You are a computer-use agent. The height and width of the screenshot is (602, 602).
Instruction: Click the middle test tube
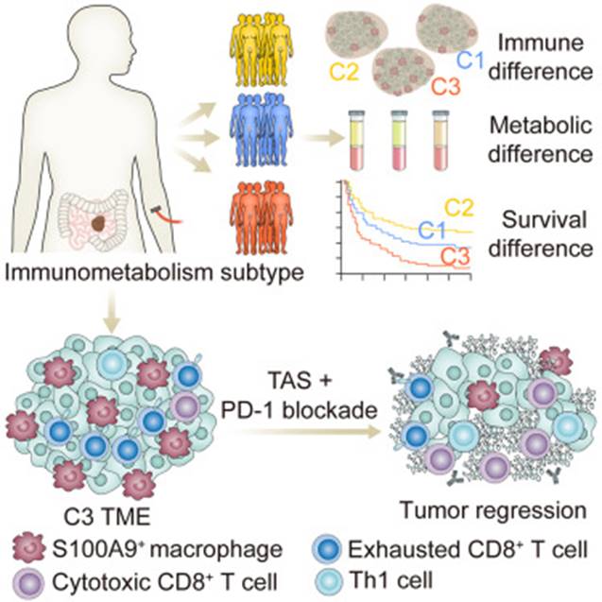point(401,140)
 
